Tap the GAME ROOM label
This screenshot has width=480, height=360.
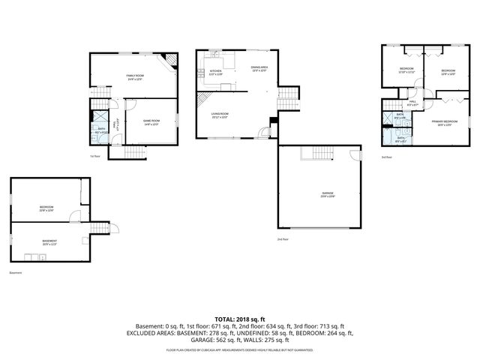(151, 121)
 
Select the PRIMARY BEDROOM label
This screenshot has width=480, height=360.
(445, 122)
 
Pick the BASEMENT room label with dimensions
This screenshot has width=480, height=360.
(49, 242)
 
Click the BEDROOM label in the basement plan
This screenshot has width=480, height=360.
(46, 208)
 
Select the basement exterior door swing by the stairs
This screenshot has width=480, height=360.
(115, 229)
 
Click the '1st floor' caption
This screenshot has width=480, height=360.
(94, 156)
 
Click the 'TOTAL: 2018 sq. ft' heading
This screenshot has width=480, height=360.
(239, 319)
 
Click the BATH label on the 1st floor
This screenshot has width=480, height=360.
(100, 130)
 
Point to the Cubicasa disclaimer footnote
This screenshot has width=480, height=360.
(239, 349)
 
